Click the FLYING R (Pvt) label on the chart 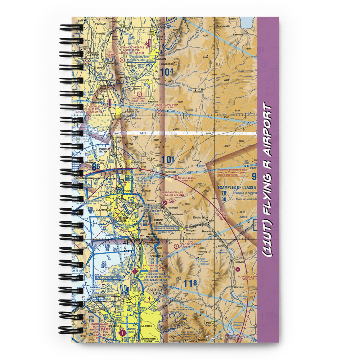(x=188, y=178)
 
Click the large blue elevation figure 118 (x=190, y=283)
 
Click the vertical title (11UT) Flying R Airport (x=268, y=180)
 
